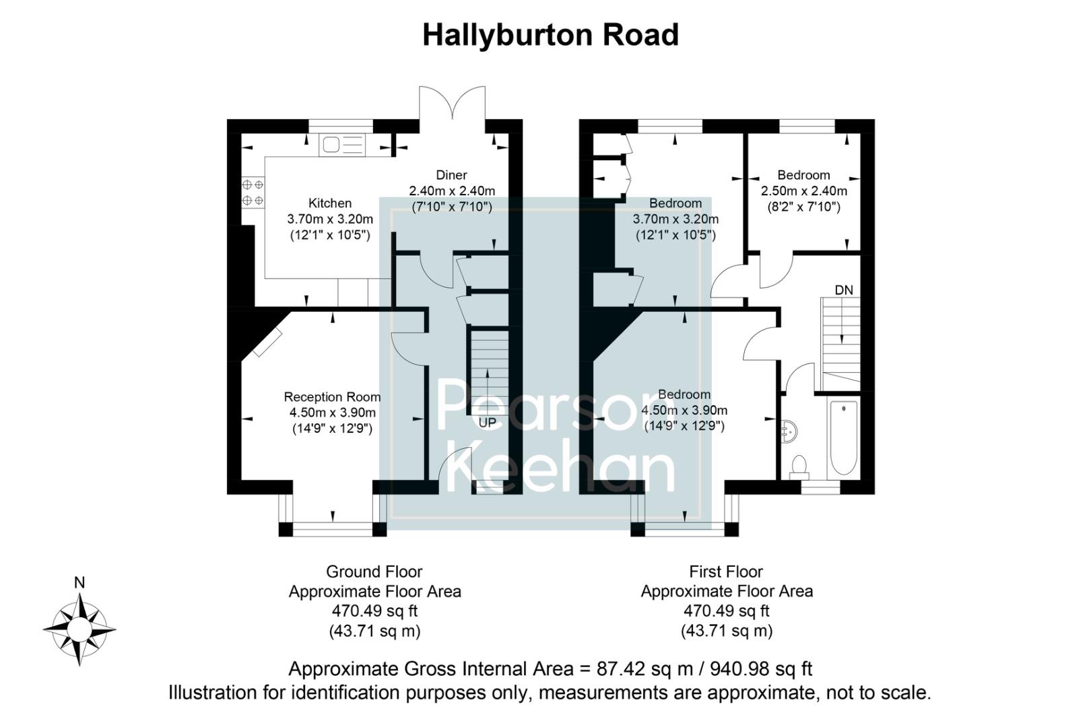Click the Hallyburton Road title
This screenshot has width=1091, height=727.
pos(550,35)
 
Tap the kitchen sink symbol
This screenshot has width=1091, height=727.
pos(342,145)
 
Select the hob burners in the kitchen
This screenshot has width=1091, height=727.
pos(253,192)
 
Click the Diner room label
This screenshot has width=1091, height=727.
pos(451,175)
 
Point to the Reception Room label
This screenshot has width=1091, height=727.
pos(332,397)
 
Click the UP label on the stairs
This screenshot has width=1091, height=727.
pos(487,423)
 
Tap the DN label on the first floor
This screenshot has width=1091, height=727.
pos(844,290)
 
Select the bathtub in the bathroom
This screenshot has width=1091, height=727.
pos(843,438)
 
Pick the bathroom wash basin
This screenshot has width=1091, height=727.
pos(789,430)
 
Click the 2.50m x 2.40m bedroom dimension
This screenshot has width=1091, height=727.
pos(803,191)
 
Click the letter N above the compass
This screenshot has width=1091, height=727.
pos(79,583)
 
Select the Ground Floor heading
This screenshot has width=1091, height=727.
pos(374,572)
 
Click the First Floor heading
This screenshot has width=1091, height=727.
pos(726,572)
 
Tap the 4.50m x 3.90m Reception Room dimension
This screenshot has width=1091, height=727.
pos(332,413)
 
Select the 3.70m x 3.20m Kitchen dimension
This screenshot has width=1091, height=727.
pos(330,219)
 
